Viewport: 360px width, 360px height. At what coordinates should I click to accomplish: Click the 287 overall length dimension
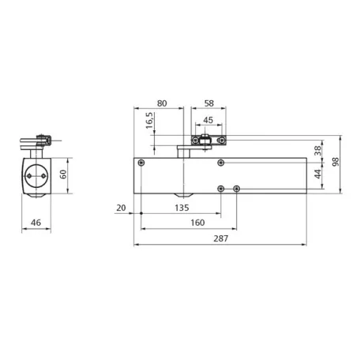click(221, 238)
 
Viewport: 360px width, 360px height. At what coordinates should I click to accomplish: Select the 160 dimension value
click(197, 223)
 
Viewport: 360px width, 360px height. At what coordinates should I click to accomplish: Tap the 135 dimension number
click(182, 208)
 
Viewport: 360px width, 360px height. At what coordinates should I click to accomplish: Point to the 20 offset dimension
click(121, 208)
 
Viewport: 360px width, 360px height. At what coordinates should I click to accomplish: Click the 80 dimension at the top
click(162, 103)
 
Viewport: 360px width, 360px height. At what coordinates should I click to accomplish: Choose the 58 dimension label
click(209, 103)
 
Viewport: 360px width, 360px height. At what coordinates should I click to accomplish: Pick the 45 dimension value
click(208, 120)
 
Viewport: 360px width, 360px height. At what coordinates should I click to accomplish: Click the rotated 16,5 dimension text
click(149, 121)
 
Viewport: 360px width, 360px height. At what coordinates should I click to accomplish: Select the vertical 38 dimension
click(318, 151)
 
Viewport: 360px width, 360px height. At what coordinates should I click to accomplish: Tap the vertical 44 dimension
click(318, 174)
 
